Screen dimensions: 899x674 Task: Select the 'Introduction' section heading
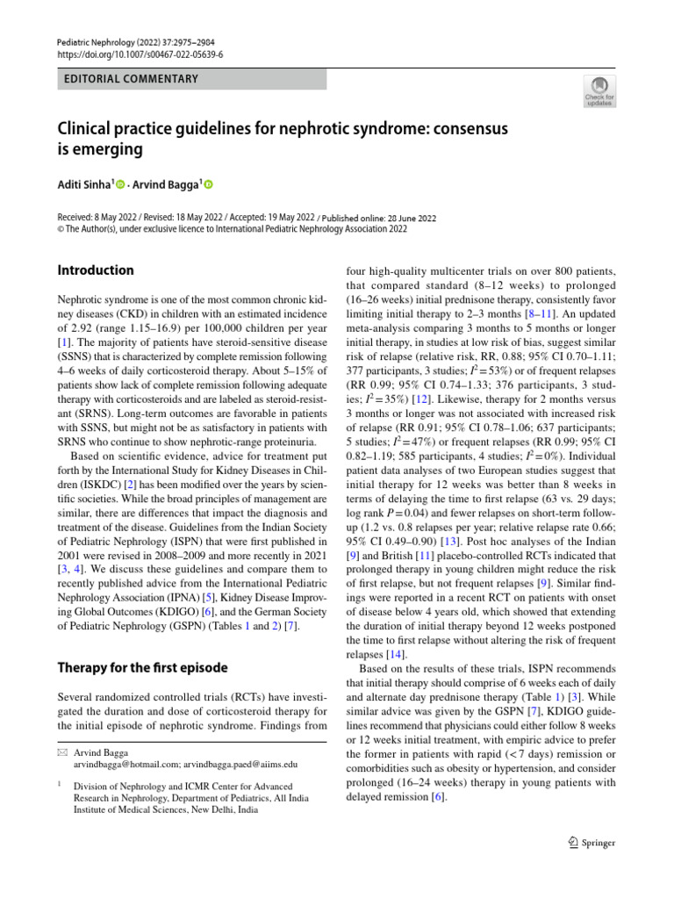coord(96,270)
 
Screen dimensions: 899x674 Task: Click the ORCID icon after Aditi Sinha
coord(121,185)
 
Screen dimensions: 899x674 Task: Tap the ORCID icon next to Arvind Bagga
coord(209,185)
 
